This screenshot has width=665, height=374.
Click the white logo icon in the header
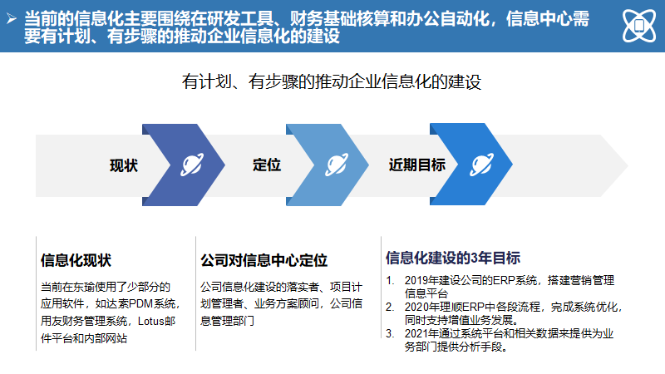click(x=638, y=26)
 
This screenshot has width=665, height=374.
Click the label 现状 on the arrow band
click(x=124, y=165)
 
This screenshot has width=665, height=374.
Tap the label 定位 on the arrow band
click(x=267, y=165)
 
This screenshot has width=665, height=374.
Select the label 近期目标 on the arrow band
click(x=417, y=165)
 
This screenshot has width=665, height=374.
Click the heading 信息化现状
click(x=76, y=260)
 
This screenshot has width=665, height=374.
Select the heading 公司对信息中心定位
click(x=264, y=260)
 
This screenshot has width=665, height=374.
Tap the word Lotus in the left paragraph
click(x=150, y=321)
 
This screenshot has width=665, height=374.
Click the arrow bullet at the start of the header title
click(x=11, y=15)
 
